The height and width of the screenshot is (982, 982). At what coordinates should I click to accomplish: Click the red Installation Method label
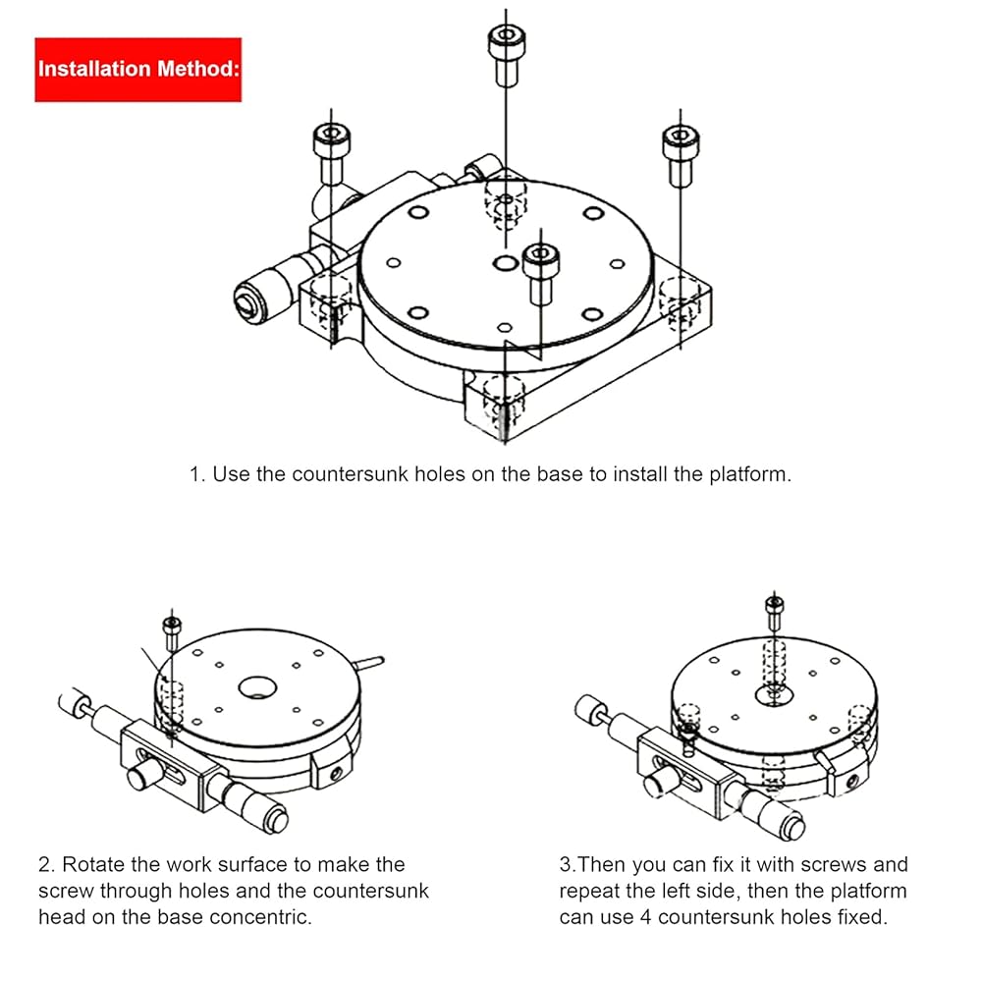point(138,70)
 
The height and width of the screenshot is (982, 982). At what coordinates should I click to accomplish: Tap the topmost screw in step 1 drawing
point(506,56)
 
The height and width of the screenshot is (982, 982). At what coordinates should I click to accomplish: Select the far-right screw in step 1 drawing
point(681,156)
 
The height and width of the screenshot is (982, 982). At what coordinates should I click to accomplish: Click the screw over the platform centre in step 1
point(540,274)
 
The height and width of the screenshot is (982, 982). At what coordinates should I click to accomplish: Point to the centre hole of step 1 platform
point(505,262)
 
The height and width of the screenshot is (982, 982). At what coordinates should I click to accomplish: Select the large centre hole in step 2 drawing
point(257,688)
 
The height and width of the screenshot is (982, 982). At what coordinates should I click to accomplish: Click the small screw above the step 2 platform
point(172,633)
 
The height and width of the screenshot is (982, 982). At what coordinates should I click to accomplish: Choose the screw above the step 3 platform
point(774,614)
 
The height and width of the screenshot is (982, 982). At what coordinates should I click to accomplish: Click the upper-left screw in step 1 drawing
point(331,154)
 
